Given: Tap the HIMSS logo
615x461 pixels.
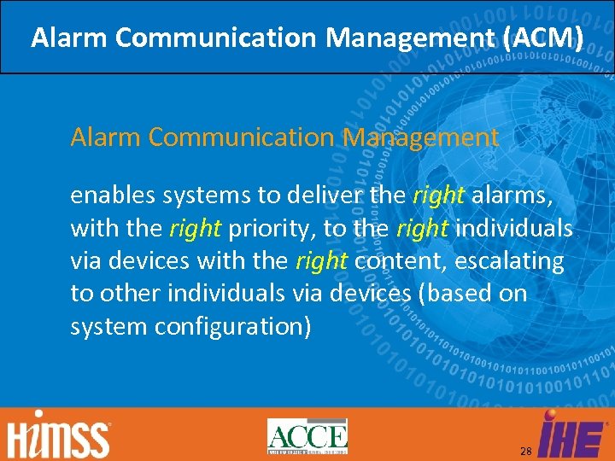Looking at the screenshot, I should [x=60, y=436].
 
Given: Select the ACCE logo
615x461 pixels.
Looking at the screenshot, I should [x=307, y=436].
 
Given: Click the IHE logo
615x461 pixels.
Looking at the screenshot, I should [x=573, y=434].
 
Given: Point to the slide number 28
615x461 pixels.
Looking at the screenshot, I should [x=526, y=450].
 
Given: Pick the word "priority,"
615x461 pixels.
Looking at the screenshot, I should [x=275, y=229].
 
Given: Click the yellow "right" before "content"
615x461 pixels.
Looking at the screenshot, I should [x=321, y=261].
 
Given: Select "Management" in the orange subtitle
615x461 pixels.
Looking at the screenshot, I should [x=421, y=137].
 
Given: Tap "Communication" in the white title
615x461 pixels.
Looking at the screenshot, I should [x=214, y=38].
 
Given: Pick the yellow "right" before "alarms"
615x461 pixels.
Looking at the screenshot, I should [x=438, y=196].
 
